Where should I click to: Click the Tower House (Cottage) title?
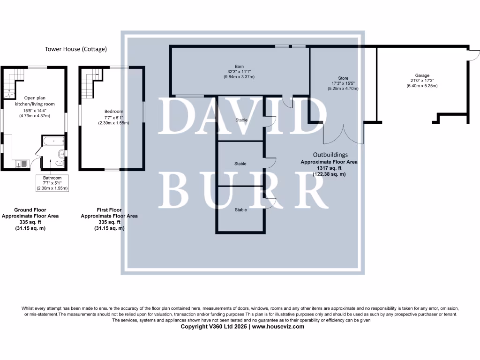(x=76, y=49)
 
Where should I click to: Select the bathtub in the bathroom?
(x=53, y=140)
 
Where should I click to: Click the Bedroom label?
(x=113, y=112)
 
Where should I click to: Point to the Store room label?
(x=343, y=79)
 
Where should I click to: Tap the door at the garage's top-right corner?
(x=472, y=55)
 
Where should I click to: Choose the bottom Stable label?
(x=241, y=210)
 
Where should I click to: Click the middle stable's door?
(x=270, y=163)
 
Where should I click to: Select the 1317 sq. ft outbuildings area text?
(x=330, y=168)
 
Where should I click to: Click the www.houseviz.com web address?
(x=278, y=327)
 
